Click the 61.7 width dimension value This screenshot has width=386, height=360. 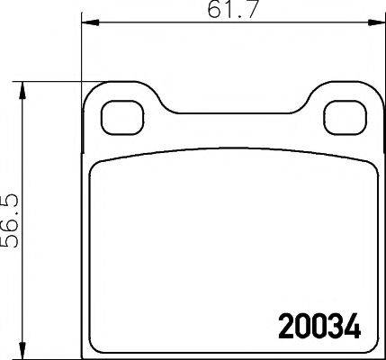(x=224, y=10)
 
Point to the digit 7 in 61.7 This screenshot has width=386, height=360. (x=239, y=10)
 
